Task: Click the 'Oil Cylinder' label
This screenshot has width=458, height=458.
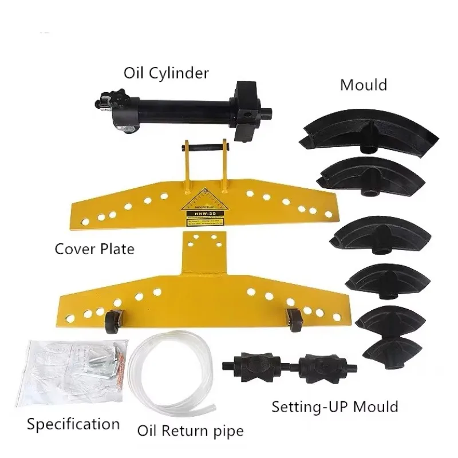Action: click(166, 73)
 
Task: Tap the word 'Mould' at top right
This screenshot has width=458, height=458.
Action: click(364, 85)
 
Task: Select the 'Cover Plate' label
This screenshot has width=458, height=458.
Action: click(94, 249)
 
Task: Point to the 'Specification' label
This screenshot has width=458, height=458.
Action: click(73, 424)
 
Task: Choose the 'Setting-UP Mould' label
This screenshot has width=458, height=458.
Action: click(334, 407)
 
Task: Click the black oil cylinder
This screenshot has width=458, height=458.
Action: click(177, 106)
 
